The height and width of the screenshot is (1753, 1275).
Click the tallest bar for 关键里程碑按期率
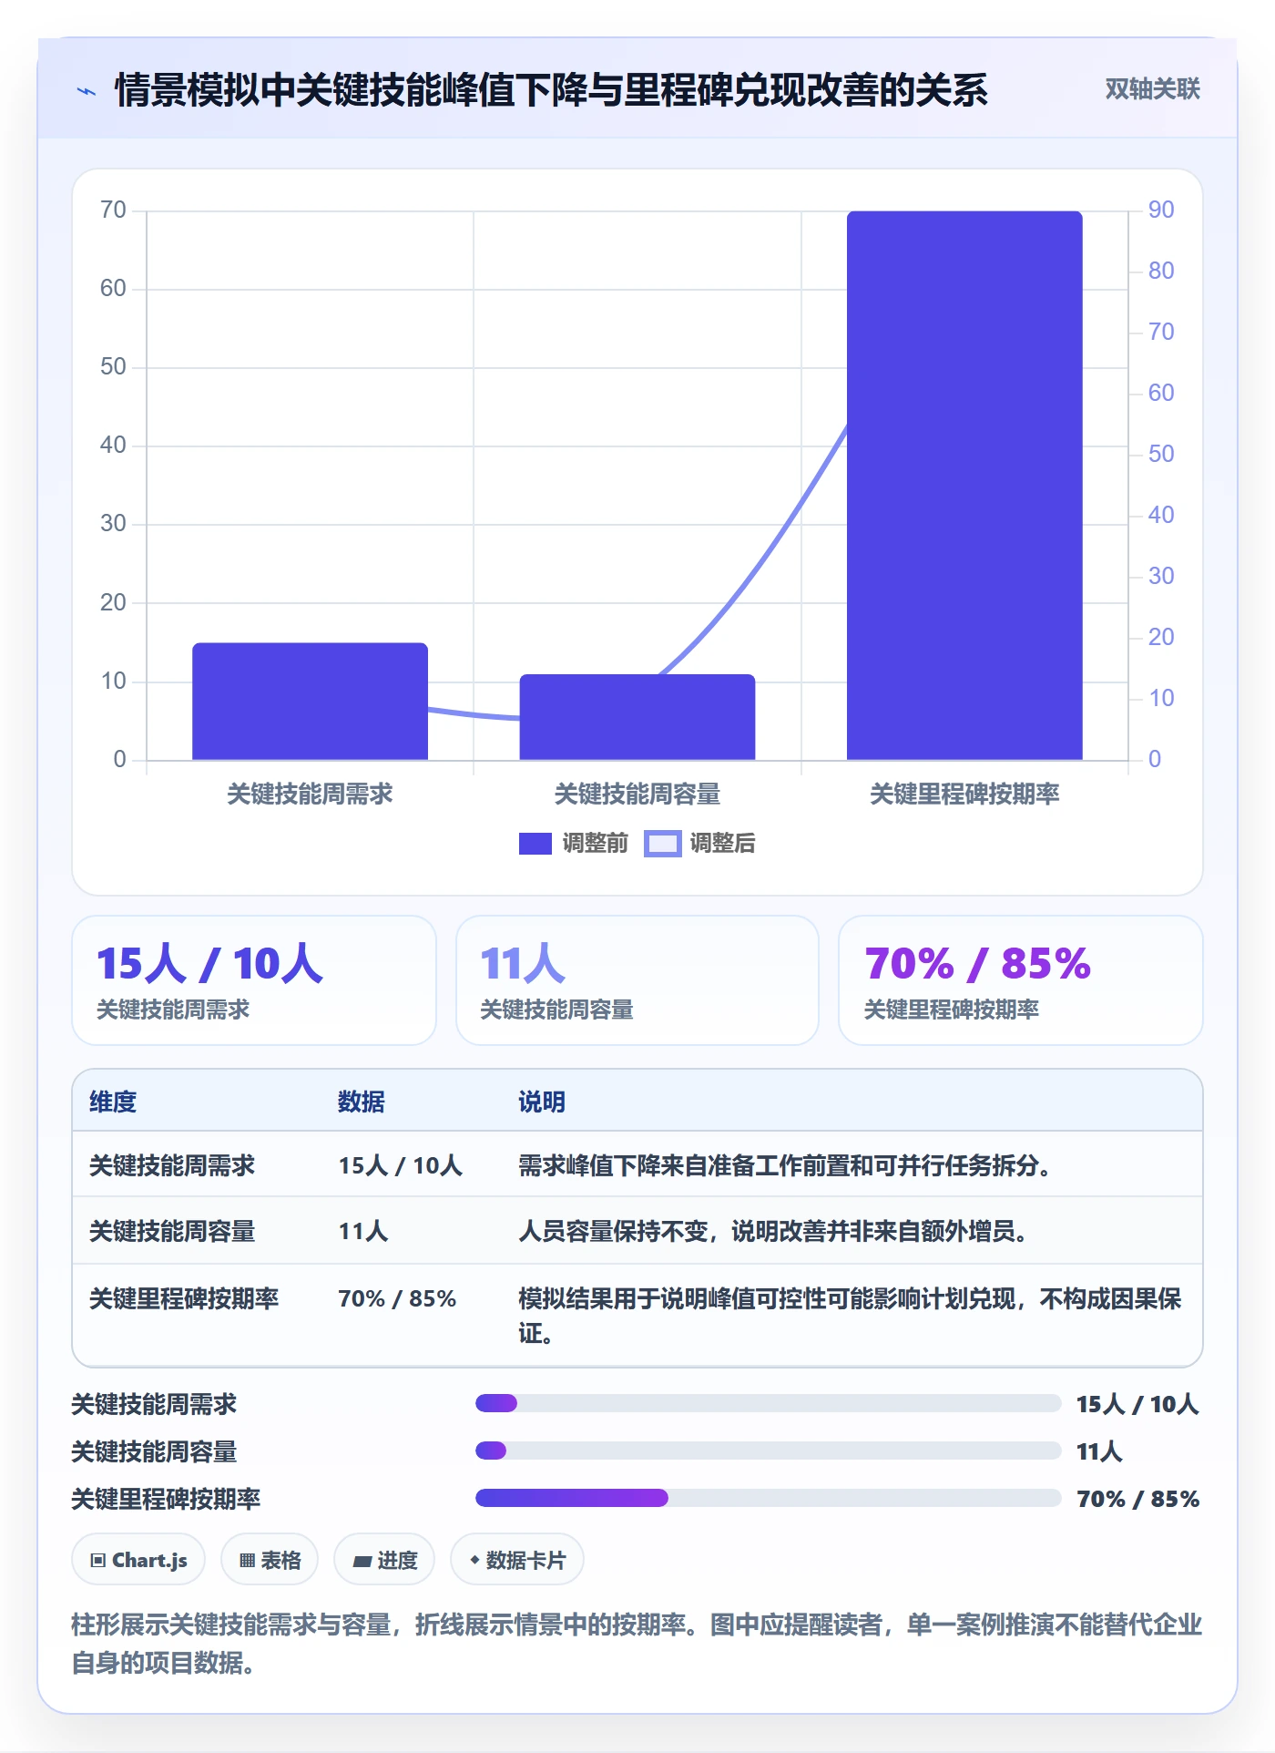pos(964,485)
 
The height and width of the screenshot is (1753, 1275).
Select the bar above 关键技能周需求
pos(310,701)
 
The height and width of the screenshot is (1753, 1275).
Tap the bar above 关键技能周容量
pos(637,717)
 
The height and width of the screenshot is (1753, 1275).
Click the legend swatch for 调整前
pos(535,844)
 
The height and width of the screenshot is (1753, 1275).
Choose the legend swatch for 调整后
pos(663,844)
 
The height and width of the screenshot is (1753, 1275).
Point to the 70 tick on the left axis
pos(114,210)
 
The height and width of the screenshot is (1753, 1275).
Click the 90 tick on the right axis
pos(1161,210)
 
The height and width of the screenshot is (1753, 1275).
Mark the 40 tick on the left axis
pos(114,446)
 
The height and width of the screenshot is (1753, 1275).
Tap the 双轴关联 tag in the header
pos(1152,88)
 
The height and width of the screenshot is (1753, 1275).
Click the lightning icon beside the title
pos(87,91)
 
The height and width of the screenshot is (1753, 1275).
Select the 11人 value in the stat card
pos(523,963)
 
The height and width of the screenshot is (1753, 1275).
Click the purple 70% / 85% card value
pos(977,963)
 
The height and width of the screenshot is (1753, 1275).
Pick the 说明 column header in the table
pos(542,1102)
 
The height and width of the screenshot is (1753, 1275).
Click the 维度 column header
pos(113,1102)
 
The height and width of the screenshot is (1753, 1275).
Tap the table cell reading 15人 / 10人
pos(401,1165)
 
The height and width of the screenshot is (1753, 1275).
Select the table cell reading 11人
pos(363,1231)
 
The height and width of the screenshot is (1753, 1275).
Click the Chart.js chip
pos(138,1560)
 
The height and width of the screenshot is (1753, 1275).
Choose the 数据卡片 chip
pos(517,1560)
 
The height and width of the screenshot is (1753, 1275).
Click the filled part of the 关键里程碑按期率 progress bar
pos(572,1498)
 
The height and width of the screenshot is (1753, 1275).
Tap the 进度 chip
pos(384,1560)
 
